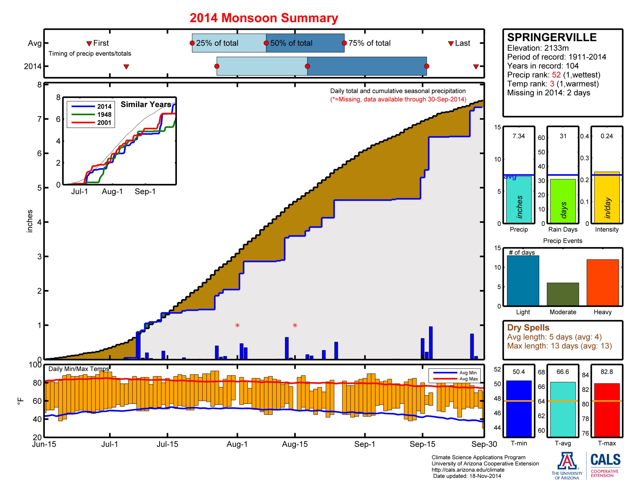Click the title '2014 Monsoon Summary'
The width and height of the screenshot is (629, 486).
pos(264,18)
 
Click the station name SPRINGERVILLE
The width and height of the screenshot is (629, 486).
pos(552,37)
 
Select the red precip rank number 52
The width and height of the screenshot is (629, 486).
pos(556,75)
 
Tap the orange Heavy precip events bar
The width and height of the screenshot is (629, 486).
pos(602,282)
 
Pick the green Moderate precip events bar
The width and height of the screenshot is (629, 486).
pos(562,294)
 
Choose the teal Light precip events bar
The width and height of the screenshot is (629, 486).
pos(523,280)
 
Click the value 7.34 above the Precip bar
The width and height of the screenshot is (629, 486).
pos(518,136)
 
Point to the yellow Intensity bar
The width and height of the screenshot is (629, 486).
pos(606,198)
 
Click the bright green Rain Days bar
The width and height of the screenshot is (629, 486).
pos(562,201)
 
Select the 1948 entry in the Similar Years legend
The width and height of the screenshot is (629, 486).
pos(104,115)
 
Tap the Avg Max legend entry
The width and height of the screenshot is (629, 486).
pos(468,379)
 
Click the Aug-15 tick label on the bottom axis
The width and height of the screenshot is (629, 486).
pos(294,444)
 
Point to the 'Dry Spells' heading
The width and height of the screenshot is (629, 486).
pos(528,327)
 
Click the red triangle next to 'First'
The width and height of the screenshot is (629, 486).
pos(89,43)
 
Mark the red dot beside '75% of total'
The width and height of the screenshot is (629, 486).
pos(344,43)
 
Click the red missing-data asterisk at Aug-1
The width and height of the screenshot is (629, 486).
pos(237,325)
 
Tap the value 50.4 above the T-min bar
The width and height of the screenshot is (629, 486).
pos(518,372)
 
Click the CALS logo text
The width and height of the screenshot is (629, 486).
pos(605,459)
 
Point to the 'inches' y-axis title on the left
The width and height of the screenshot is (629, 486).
pos(30,221)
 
